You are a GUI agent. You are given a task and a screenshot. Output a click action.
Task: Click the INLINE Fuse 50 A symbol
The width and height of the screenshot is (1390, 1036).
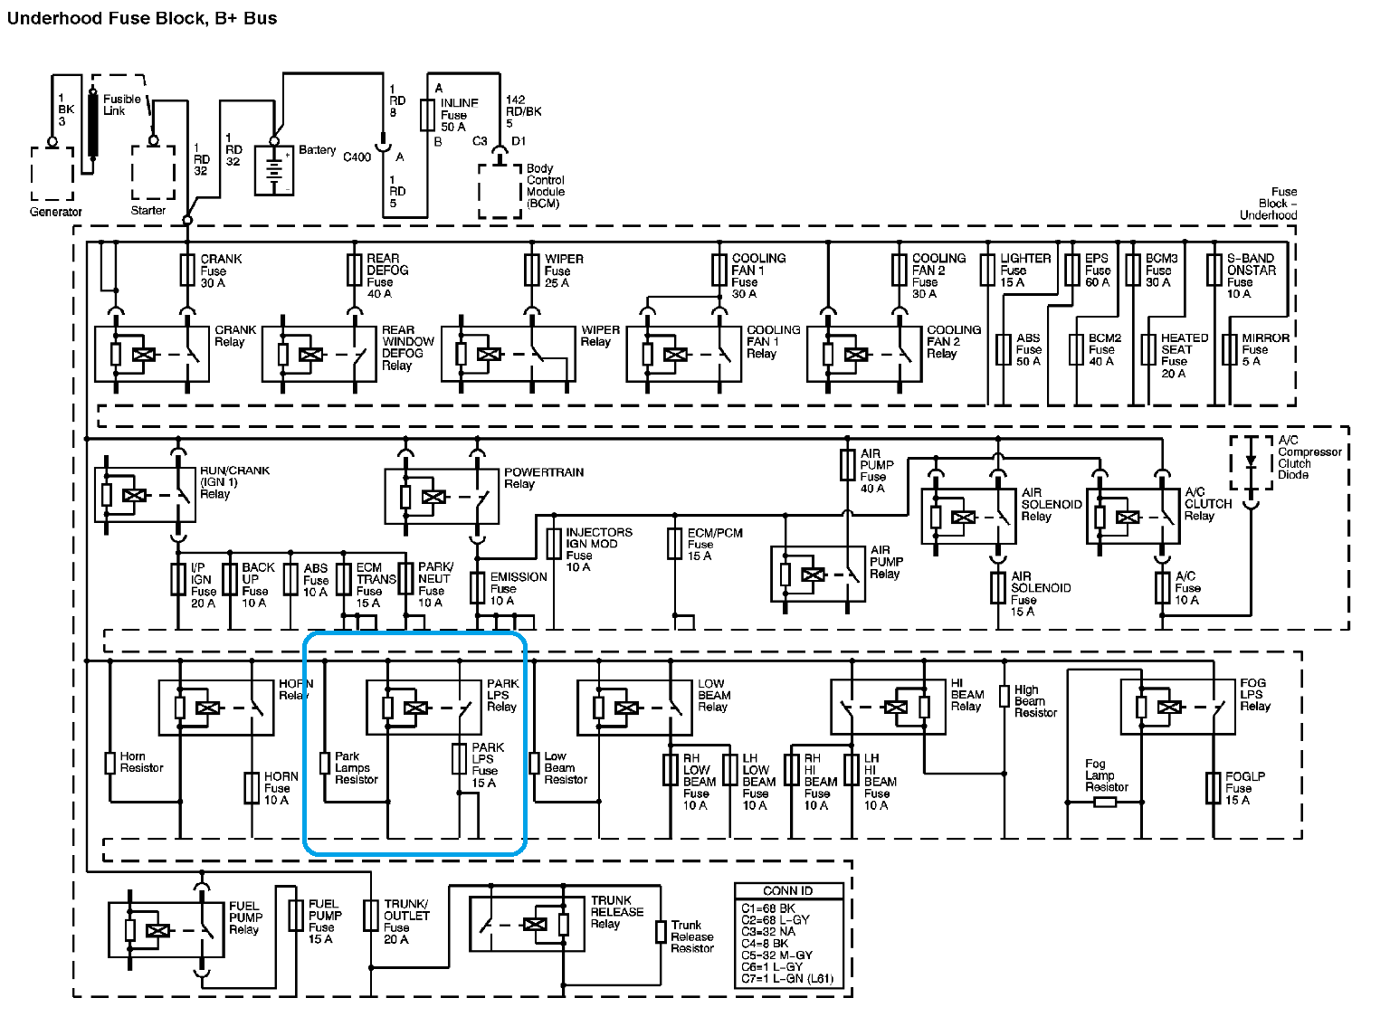[x=427, y=115]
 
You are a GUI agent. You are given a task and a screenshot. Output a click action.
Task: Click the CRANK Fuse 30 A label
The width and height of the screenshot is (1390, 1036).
[x=221, y=271]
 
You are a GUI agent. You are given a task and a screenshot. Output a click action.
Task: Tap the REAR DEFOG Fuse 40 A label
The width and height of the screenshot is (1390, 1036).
[x=387, y=276]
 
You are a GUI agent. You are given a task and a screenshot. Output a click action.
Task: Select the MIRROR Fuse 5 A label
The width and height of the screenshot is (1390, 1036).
[x=1265, y=349]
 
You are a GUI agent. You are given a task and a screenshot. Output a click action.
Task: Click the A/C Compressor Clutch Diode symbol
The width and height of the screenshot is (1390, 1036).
[x=1251, y=462]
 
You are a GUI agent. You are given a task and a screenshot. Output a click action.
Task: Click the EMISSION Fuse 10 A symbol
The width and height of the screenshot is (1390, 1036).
[x=478, y=588]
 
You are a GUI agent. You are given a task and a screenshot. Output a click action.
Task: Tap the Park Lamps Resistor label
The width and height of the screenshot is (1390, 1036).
[x=356, y=767]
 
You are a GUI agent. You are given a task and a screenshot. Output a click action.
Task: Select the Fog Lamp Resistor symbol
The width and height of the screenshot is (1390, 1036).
[x=1105, y=802]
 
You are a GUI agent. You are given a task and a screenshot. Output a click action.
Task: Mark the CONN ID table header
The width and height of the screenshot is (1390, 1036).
[x=788, y=890]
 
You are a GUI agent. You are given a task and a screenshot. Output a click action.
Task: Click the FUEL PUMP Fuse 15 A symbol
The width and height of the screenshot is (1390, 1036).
[x=296, y=916]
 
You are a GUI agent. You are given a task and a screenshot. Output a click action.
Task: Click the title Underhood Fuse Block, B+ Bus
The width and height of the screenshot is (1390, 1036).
[x=142, y=18]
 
